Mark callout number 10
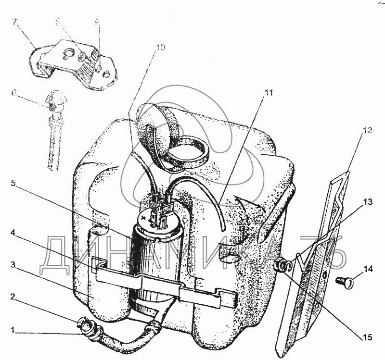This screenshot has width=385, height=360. pyautogui.click(x=160, y=48)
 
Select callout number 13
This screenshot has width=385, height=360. pyautogui.click(x=368, y=202)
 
